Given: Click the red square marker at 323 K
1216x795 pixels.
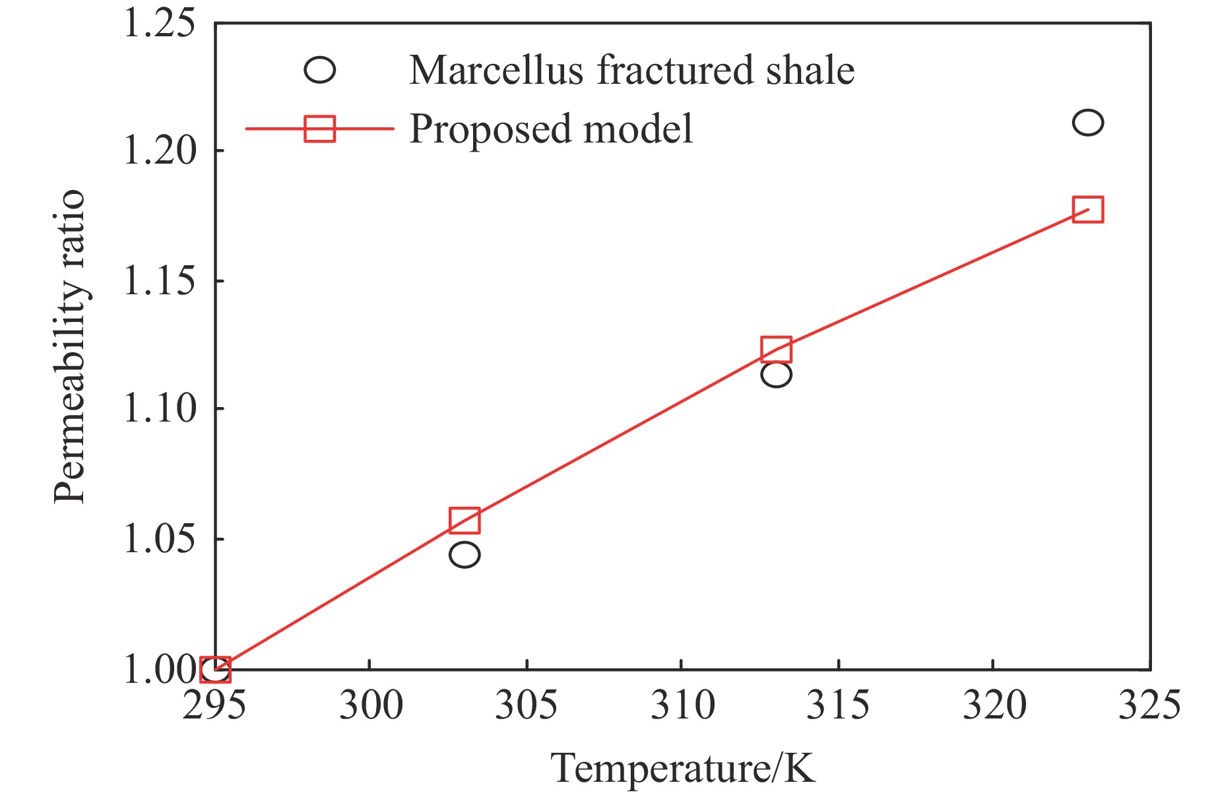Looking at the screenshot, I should [x=1087, y=210].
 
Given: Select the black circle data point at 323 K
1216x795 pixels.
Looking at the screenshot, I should [x=1087, y=123].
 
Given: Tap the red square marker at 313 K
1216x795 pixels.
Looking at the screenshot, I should [x=776, y=350].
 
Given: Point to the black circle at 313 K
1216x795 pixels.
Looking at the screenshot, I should [x=776, y=375].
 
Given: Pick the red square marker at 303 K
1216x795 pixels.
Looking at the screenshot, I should [x=464, y=521].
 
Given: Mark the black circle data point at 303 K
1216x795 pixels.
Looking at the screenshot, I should [x=464, y=555].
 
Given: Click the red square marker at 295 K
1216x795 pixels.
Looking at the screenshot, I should [x=215, y=670].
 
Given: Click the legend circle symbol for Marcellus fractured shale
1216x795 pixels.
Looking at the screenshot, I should [x=319, y=70].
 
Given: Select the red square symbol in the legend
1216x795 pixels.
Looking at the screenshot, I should [x=319, y=129].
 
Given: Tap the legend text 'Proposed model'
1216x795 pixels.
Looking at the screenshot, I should [x=551, y=129].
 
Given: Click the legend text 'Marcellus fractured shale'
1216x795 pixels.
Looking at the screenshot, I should [x=631, y=70].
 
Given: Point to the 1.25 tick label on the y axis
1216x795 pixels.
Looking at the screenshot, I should [x=159, y=24].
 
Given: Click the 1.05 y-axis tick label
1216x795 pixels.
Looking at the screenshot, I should [x=159, y=539].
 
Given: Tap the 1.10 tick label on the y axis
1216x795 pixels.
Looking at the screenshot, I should [x=159, y=409].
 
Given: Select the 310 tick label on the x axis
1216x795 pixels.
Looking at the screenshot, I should [x=682, y=705].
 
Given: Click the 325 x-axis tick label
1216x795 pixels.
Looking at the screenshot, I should [x=1149, y=705].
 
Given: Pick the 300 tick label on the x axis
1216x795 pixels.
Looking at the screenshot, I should [x=371, y=705].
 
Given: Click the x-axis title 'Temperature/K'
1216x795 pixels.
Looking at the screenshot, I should [x=683, y=769].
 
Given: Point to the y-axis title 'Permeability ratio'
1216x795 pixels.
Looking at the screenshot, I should [x=70, y=346].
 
